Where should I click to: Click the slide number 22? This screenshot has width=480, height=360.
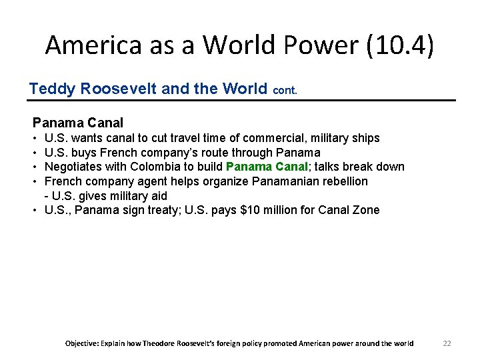pos(447,343)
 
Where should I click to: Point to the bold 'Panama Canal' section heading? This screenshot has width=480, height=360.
pos(78,123)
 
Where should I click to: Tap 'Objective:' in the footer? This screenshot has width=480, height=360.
pos(81,343)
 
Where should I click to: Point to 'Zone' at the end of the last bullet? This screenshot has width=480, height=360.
pos(366,210)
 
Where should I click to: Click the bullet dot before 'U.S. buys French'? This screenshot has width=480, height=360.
pos(35,153)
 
